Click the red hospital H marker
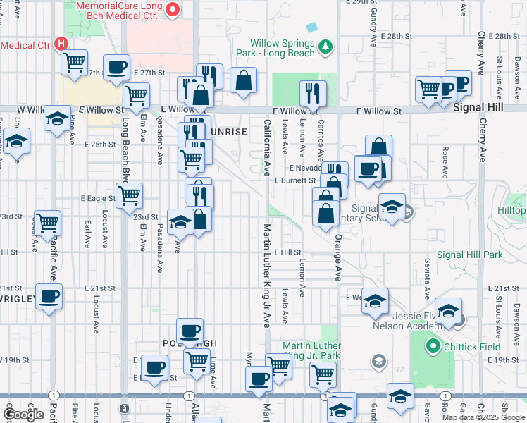(61, 43)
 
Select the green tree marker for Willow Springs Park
(325, 47)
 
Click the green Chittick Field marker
(433, 346)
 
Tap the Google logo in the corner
(23, 415)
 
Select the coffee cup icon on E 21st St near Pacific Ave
(49, 297)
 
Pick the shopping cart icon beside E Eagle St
(129, 195)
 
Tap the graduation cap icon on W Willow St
(57, 119)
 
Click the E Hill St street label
(287, 252)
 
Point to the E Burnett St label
(294, 180)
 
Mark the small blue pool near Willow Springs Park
(311, 27)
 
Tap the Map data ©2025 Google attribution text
(484, 417)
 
